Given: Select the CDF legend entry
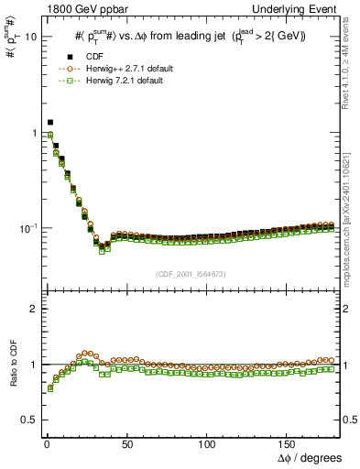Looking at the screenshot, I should [89, 58].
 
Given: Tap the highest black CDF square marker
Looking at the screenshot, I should [50, 122].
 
